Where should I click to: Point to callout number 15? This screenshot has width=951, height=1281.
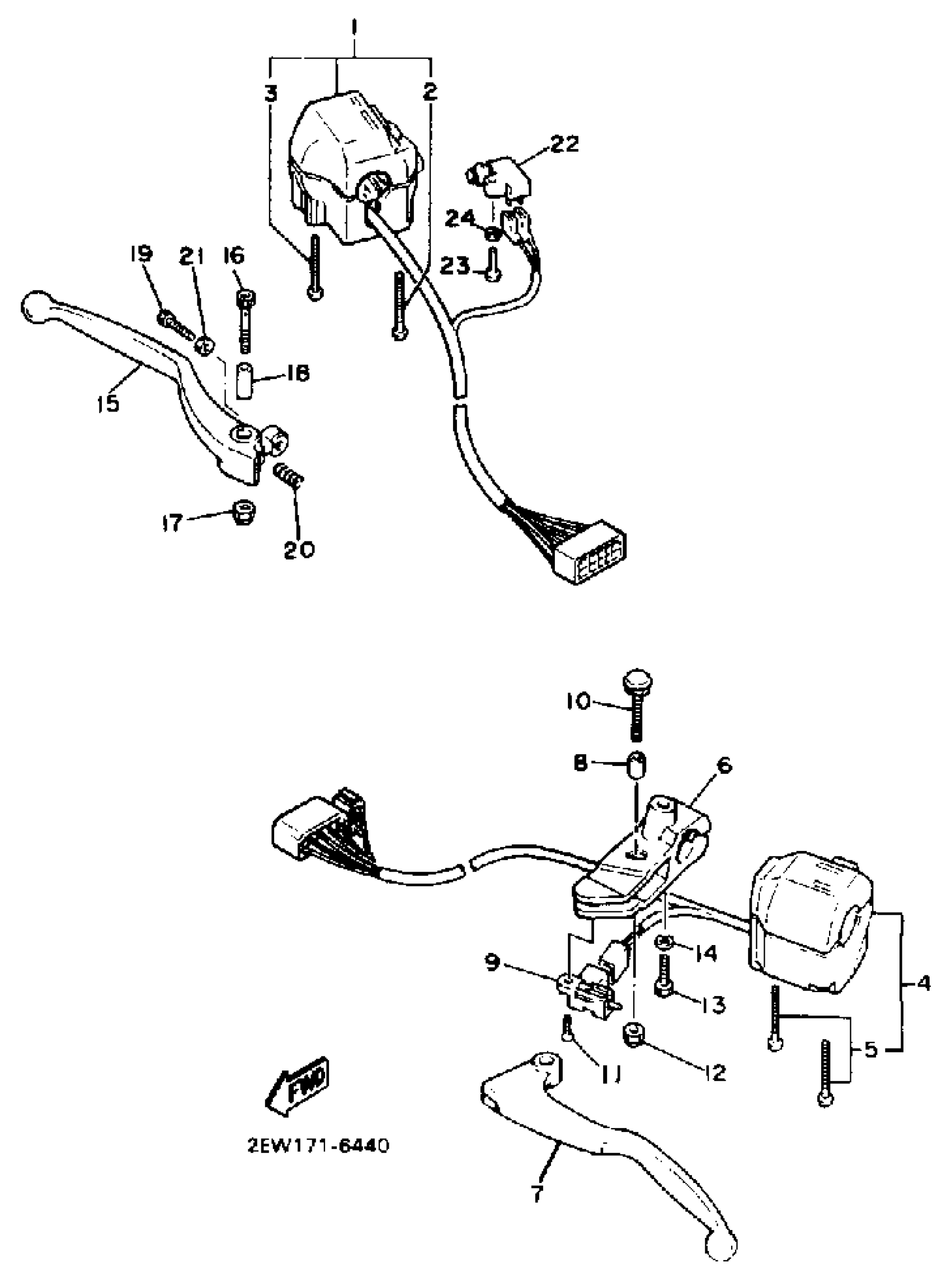107,403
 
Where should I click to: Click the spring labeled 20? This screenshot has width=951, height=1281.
288,476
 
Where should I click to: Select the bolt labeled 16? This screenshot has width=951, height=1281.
246,322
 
